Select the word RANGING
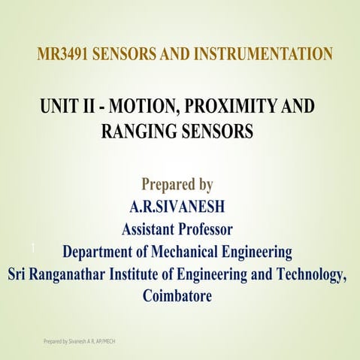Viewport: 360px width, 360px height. [x=137, y=131]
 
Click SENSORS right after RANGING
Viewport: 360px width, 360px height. [x=216, y=131]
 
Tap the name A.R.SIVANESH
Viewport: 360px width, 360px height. [x=177, y=207]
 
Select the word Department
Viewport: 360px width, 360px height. [x=103, y=251]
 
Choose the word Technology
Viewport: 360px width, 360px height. [x=309, y=274]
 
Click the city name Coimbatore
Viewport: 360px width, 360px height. [x=177, y=296]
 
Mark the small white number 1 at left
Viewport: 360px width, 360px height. [x=34, y=248]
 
